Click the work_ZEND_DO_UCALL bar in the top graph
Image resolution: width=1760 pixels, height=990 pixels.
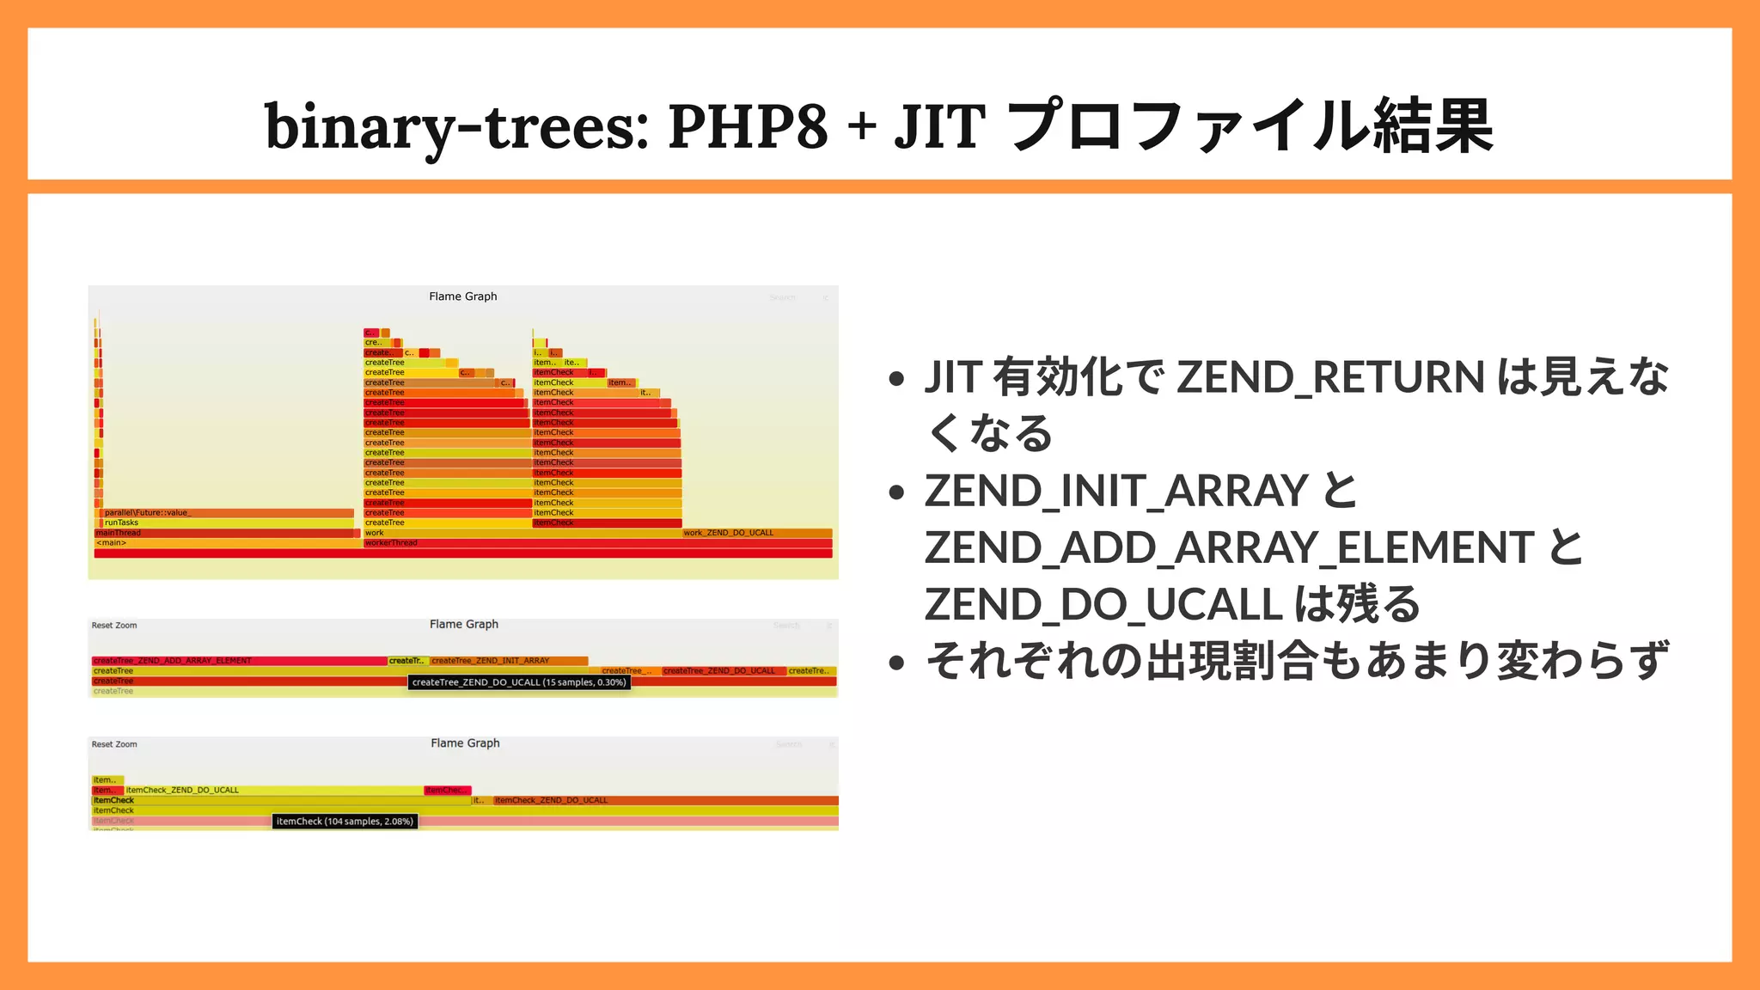(756, 533)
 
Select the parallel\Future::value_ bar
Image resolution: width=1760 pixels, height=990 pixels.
(227, 513)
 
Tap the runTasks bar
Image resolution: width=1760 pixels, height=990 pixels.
(227, 522)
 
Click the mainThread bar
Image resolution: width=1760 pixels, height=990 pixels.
(225, 533)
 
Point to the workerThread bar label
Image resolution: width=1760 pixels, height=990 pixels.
(391, 543)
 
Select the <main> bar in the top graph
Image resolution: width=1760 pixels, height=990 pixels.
(225, 543)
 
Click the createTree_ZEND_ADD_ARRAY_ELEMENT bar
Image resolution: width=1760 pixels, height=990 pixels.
(239, 661)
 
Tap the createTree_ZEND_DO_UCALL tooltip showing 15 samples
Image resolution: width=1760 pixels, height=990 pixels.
(519, 682)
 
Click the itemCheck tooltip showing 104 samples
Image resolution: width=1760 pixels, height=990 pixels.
(345, 822)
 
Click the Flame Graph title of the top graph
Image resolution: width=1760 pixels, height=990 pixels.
(463, 296)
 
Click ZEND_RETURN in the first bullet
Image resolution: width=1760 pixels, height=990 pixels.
(1329, 378)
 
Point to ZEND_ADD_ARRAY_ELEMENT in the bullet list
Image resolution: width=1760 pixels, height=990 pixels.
(1230, 548)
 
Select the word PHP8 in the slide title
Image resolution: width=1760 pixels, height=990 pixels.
(748, 127)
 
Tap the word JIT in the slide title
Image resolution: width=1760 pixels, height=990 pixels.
(939, 127)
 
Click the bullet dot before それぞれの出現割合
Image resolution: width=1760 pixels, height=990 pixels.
(897, 663)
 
